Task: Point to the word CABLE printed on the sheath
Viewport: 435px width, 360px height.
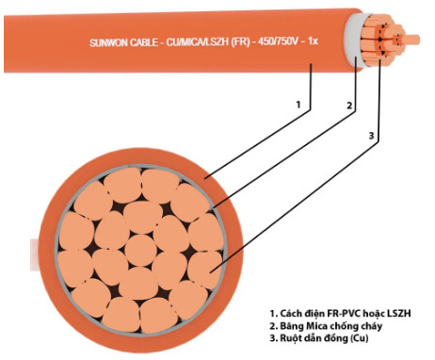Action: [x=144, y=42]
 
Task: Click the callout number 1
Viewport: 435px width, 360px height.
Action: [x=298, y=105]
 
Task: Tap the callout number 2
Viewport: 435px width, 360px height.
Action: [x=349, y=106]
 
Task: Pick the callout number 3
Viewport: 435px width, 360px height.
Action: [x=372, y=136]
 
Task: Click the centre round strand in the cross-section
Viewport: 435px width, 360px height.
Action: [x=140, y=250]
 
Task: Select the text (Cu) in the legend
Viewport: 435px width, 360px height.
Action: [x=360, y=338]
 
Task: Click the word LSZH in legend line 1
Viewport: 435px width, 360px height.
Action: [x=399, y=313]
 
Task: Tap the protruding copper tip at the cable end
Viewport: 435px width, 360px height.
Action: [x=411, y=40]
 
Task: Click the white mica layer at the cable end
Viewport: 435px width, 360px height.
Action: [x=353, y=41]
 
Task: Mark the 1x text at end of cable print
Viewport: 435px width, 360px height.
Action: [x=313, y=41]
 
